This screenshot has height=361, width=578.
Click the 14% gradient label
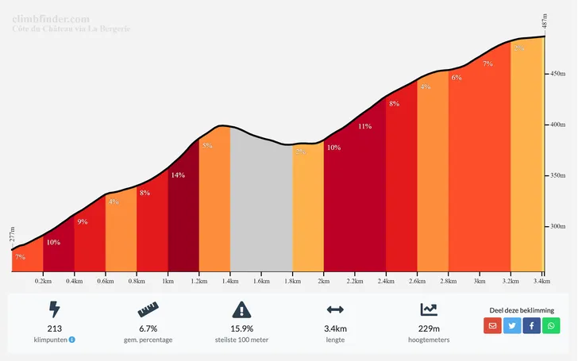178,175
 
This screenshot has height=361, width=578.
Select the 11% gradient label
364,126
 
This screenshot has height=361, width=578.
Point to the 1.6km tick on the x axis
261,281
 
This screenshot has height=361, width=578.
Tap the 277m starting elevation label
13,234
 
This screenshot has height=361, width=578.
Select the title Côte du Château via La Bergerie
71,29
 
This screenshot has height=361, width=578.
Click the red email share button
492,325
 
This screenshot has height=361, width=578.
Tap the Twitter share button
512,325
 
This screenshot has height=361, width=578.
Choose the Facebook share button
532,325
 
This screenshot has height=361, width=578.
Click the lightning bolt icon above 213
54,309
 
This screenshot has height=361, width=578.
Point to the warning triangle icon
241,309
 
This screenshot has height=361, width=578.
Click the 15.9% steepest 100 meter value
241,328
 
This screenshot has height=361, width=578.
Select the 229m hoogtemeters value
429,328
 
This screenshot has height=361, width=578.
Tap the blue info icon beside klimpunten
72,340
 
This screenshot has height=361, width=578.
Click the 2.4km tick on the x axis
386,281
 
